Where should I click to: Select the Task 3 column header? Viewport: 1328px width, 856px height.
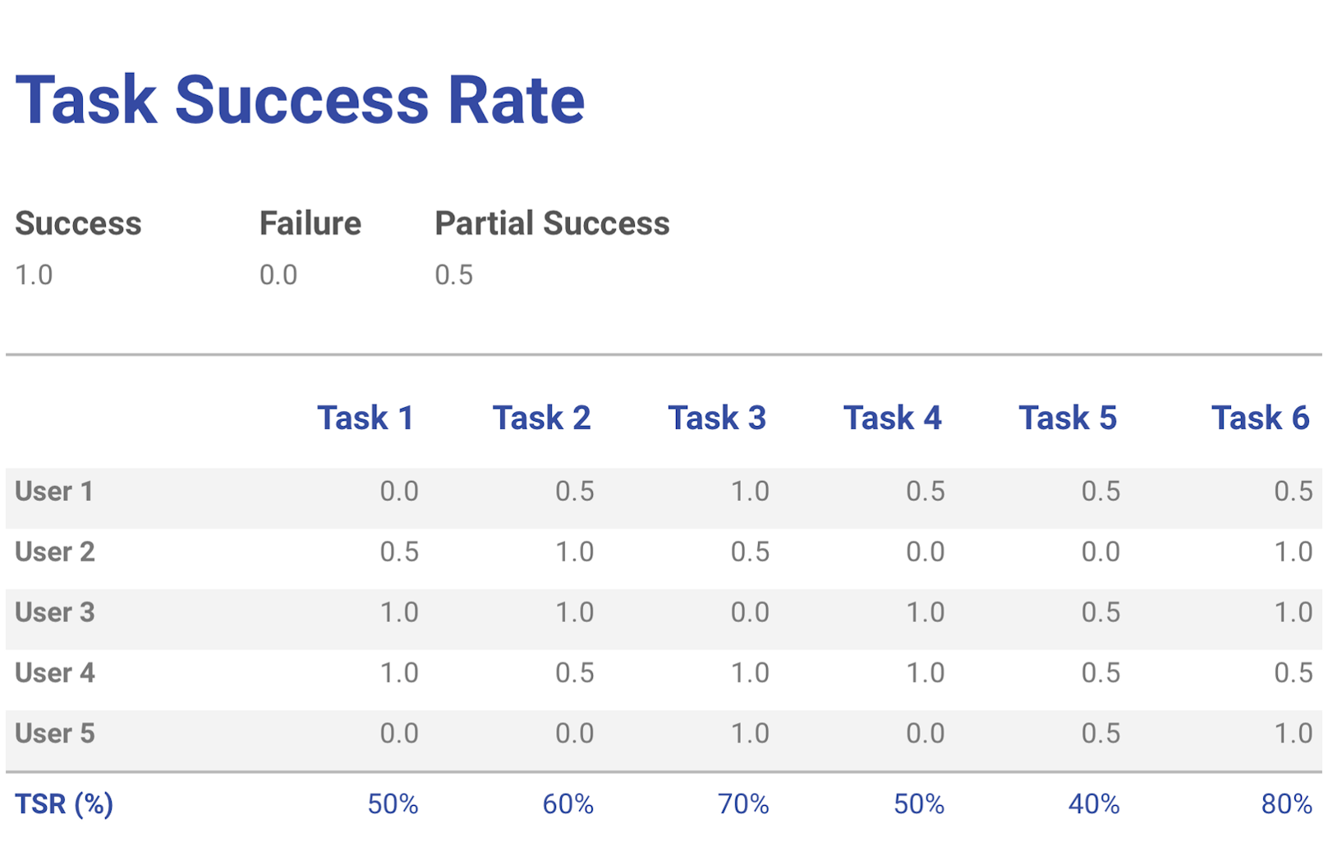(716, 419)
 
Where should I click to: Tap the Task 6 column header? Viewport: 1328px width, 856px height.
(1260, 419)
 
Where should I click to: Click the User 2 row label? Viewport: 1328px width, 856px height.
(55, 552)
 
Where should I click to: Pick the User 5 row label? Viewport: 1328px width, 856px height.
(55, 733)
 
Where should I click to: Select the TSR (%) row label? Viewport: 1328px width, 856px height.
(64, 804)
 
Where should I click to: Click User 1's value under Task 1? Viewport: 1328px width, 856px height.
(399, 492)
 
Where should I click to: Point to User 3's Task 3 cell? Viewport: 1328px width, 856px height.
(750, 612)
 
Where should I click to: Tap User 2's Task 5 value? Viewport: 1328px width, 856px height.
(1101, 552)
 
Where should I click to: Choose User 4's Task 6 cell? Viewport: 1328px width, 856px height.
(1293, 673)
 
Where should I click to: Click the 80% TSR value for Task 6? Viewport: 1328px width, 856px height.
(1286, 804)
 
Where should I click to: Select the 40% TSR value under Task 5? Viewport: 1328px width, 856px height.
(1094, 804)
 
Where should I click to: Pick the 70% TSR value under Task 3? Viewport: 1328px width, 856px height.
(743, 804)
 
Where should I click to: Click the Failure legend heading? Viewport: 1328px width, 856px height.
(310, 223)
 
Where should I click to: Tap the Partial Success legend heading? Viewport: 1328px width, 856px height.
(552, 223)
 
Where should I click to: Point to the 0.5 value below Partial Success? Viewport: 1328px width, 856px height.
(453, 275)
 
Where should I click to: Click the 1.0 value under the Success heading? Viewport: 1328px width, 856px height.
(34, 275)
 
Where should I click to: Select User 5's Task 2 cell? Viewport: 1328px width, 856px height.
(574, 733)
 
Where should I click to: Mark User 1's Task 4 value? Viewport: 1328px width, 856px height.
(925, 492)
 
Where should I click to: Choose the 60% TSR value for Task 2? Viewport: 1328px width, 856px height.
(568, 804)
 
